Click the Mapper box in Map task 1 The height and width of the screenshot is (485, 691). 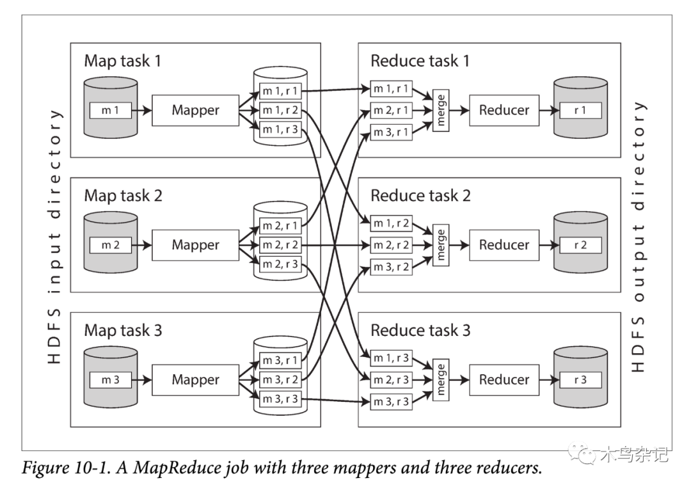pyautogui.click(x=195, y=110)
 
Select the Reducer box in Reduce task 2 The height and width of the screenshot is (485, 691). pyautogui.click(x=504, y=245)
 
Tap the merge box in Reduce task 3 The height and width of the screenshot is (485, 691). pyautogui.click(x=440, y=379)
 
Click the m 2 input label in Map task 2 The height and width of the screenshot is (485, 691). pyautogui.click(x=111, y=245)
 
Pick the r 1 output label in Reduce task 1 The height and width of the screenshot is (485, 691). pyautogui.click(x=580, y=110)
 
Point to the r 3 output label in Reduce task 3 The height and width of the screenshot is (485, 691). pyautogui.click(x=580, y=379)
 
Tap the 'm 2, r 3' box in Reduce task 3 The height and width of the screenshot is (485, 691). pyautogui.click(x=390, y=379)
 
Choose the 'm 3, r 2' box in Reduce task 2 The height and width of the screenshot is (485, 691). pyautogui.click(x=390, y=267)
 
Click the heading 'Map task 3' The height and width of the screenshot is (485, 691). pyautogui.click(x=123, y=331)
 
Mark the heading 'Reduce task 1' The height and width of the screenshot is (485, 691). pyautogui.click(x=420, y=61)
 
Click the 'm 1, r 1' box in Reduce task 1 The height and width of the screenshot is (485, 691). pyautogui.click(x=390, y=88)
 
